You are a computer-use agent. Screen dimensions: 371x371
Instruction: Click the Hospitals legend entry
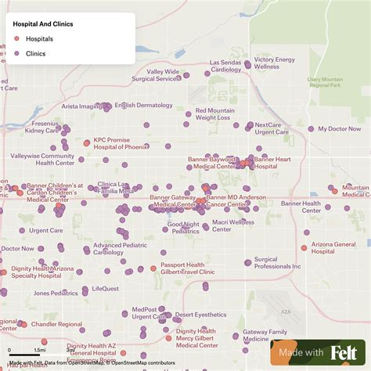39,38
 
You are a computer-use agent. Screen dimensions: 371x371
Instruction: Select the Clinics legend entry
36,53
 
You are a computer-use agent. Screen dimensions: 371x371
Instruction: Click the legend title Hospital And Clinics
43,23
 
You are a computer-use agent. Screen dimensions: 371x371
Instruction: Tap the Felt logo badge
321,353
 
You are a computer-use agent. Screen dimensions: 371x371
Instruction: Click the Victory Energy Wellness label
274,63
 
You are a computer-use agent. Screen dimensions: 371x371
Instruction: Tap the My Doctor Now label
339,128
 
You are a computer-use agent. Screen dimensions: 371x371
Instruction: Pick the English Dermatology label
143,105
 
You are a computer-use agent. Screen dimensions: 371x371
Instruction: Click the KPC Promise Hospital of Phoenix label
121,144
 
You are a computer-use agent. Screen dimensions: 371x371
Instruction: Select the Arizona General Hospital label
333,247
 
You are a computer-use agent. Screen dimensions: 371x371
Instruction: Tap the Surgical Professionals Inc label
277,263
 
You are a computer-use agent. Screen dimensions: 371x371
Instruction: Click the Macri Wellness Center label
233,225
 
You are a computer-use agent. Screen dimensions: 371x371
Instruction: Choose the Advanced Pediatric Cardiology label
119,249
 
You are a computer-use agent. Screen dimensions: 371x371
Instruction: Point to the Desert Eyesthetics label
200,315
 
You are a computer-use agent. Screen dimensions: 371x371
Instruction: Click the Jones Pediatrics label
56,294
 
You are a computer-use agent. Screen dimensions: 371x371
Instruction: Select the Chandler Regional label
56,324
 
